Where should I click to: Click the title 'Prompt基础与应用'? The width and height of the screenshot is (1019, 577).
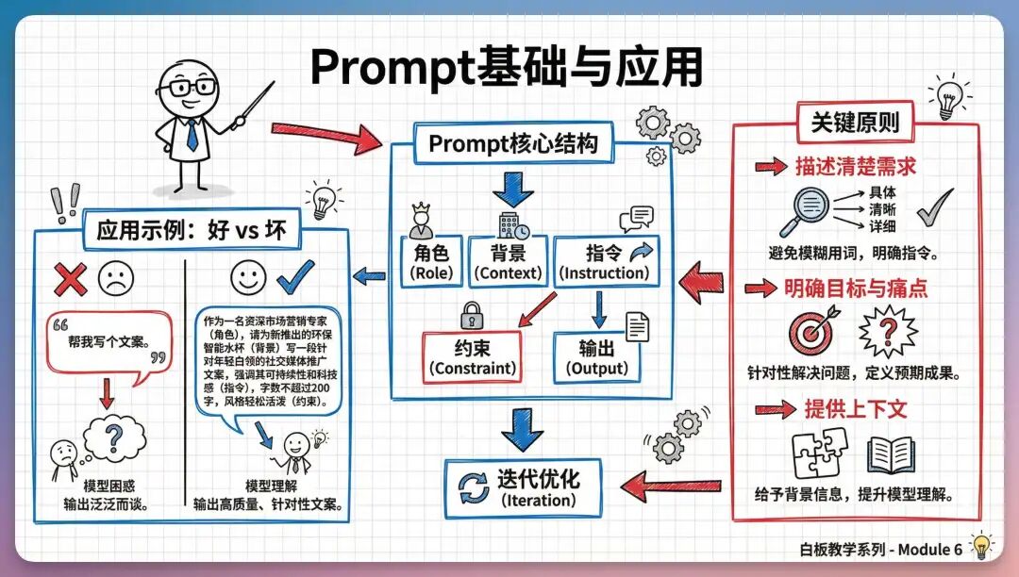[506, 67]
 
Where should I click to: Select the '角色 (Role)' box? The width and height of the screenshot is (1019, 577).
[432, 262]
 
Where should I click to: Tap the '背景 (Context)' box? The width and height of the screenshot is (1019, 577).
[509, 262]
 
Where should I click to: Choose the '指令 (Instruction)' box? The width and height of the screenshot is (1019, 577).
[604, 262]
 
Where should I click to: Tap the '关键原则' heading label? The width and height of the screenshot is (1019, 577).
[856, 123]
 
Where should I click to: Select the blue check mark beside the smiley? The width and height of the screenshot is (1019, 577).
[296, 276]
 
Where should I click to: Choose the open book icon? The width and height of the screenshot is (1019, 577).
[890, 455]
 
